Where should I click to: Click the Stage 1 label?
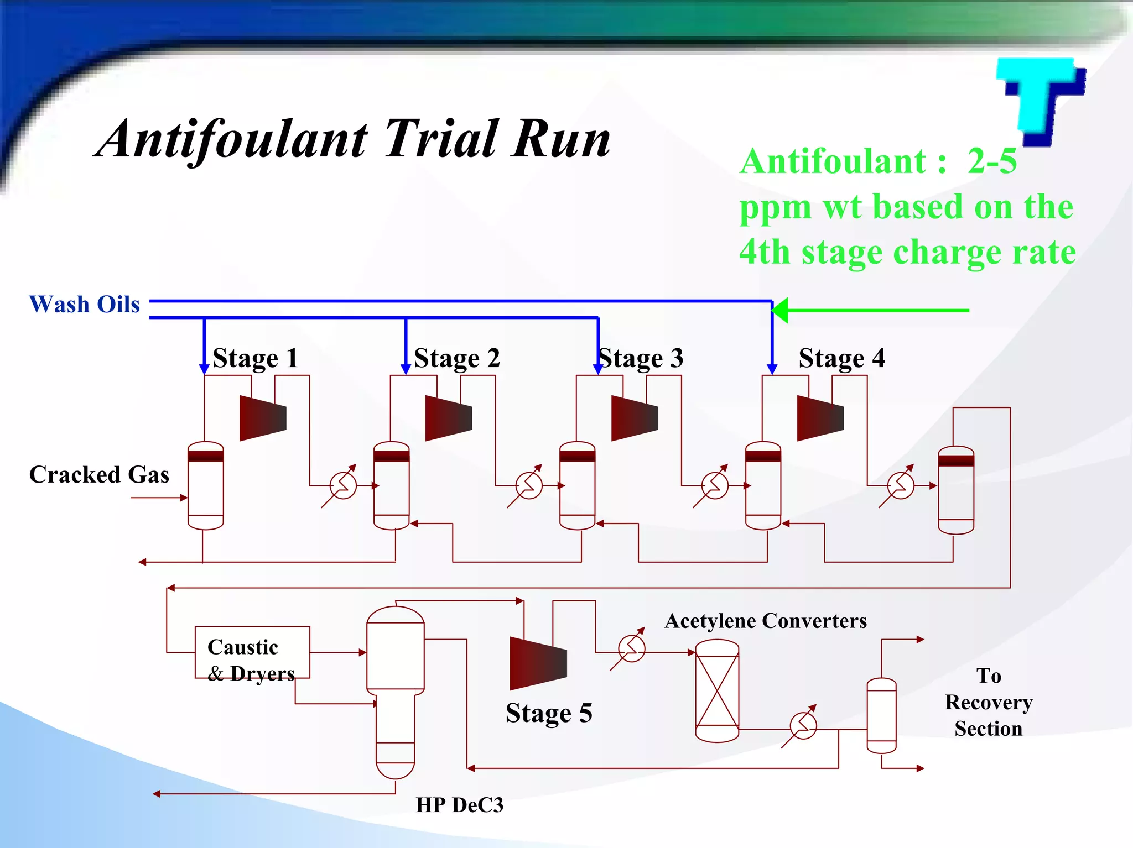click(x=255, y=358)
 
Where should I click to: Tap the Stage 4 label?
click(x=841, y=358)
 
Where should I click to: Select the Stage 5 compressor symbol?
click(x=538, y=663)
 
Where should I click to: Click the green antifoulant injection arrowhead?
click(x=780, y=310)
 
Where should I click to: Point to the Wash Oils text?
click(x=84, y=305)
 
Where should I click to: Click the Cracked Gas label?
click(x=99, y=475)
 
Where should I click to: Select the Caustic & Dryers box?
click(x=252, y=652)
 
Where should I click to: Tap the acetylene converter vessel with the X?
click(x=717, y=690)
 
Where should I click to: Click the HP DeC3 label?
click(x=459, y=805)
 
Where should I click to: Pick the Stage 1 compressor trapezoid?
click(x=263, y=418)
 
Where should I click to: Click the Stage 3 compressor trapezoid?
click(x=635, y=418)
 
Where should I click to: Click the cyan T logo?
click(x=1040, y=100)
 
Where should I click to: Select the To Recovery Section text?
click(x=989, y=702)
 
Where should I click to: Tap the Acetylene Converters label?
click(x=766, y=621)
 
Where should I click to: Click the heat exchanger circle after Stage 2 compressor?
click(x=529, y=486)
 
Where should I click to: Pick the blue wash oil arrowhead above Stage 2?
click(x=406, y=369)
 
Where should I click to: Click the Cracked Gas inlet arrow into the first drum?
click(x=182, y=498)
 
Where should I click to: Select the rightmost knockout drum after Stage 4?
click(x=956, y=490)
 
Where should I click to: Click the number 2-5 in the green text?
click(x=992, y=161)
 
